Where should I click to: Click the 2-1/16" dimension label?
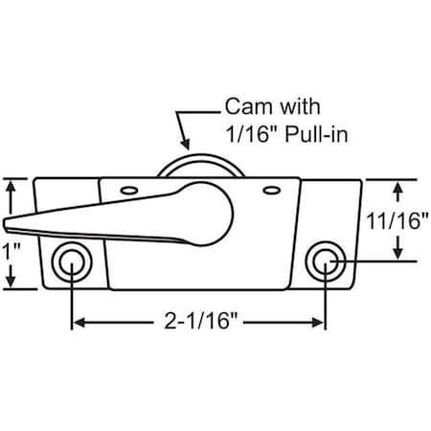(198, 323)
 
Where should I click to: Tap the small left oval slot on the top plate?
(127, 190)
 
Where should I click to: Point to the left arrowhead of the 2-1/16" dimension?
(78, 323)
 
